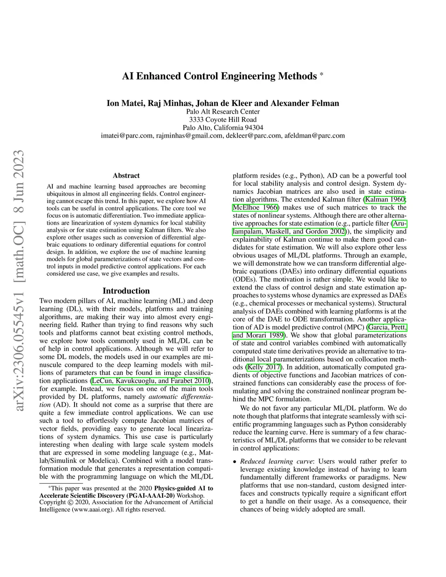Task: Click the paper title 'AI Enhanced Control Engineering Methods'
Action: (219, 76)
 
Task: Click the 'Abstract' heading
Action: (126, 175)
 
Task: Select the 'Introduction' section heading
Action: (126, 291)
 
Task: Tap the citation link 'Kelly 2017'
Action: (264, 367)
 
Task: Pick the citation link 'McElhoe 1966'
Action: (256, 208)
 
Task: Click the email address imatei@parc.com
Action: (127, 135)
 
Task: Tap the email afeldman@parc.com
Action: (314, 135)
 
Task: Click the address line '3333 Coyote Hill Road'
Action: (223, 120)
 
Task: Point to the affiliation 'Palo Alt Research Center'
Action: (223, 111)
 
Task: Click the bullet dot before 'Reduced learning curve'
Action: (235, 462)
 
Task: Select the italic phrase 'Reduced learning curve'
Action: (277, 462)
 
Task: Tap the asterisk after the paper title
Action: (321, 74)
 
